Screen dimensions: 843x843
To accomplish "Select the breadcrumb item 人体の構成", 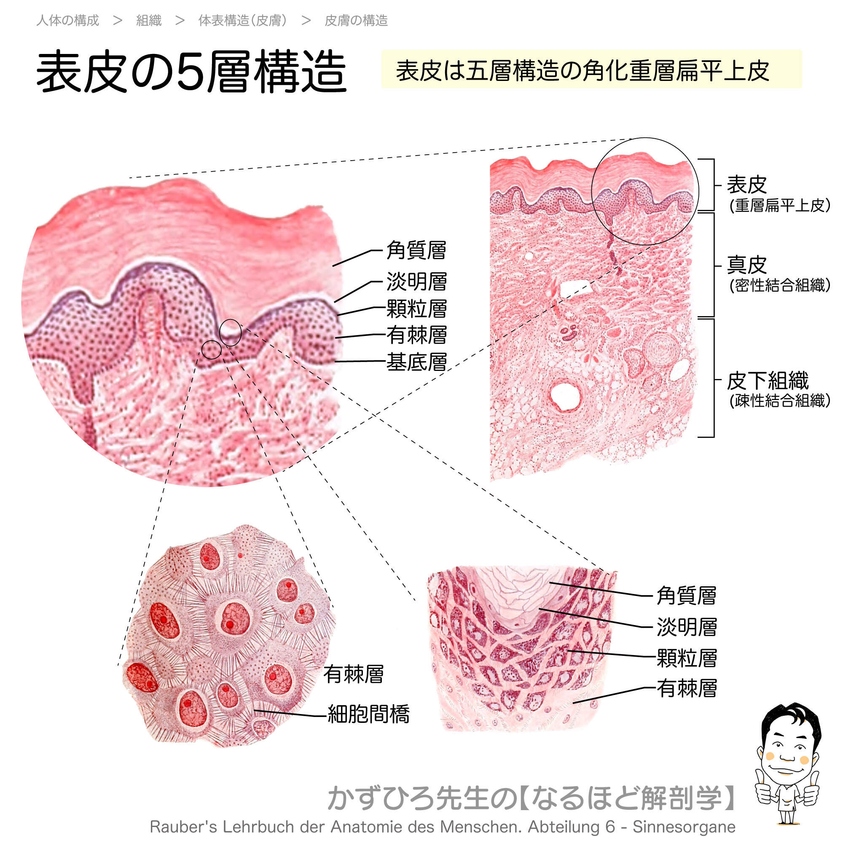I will tap(67, 21).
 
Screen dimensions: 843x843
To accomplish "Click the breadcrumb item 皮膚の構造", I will tap(356, 21).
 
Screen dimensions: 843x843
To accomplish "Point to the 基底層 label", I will tap(416, 362).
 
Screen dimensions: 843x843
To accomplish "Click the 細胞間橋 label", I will tap(369, 714).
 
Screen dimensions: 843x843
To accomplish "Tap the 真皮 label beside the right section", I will tap(746, 265).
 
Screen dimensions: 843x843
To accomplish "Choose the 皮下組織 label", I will tap(768, 381).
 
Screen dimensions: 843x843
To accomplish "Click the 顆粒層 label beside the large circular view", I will tap(416, 309).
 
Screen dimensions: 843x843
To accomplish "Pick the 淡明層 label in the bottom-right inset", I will tap(687, 627).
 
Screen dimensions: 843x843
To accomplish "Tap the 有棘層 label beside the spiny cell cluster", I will tap(354, 674).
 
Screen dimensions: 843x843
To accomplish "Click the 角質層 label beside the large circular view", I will tap(416, 250).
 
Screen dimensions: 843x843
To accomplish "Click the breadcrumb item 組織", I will tap(149, 21).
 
